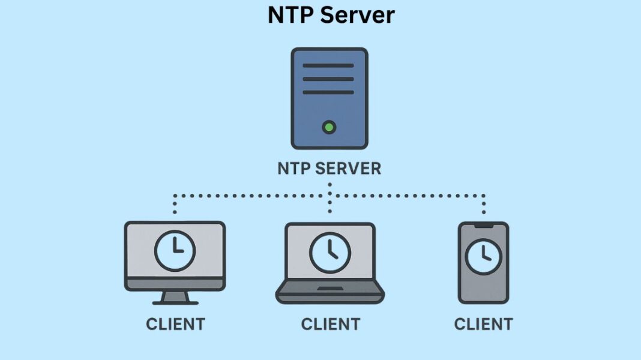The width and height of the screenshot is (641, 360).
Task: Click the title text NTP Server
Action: [x=331, y=15]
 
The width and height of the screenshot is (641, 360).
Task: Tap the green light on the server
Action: [x=328, y=127]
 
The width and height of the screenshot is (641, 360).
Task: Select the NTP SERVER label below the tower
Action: [x=329, y=169]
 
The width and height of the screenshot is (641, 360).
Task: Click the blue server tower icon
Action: [x=329, y=98]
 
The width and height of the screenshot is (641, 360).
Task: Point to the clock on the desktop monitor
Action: [x=174, y=250]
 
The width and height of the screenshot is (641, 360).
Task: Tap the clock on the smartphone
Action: [x=483, y=257]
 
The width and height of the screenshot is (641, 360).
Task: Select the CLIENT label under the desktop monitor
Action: [x=175, y=325]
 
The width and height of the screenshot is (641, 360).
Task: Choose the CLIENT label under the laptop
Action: [x=330, y=325]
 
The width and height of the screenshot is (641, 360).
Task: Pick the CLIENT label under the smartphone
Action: [x=483, y=325]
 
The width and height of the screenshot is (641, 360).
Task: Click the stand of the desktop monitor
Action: [x=175, y=297]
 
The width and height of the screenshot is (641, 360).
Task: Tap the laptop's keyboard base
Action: [x=330, y=293]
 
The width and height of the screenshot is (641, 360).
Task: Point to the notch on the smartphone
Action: [x=483, y=226]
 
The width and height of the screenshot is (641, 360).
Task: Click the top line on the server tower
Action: [x=328, y=65]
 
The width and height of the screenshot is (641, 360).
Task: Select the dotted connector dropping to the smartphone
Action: [x=483, y=204]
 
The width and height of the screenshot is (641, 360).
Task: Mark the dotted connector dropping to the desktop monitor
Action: [x=175, y=204]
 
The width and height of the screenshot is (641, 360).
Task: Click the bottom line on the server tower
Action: [x=328, y=92]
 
